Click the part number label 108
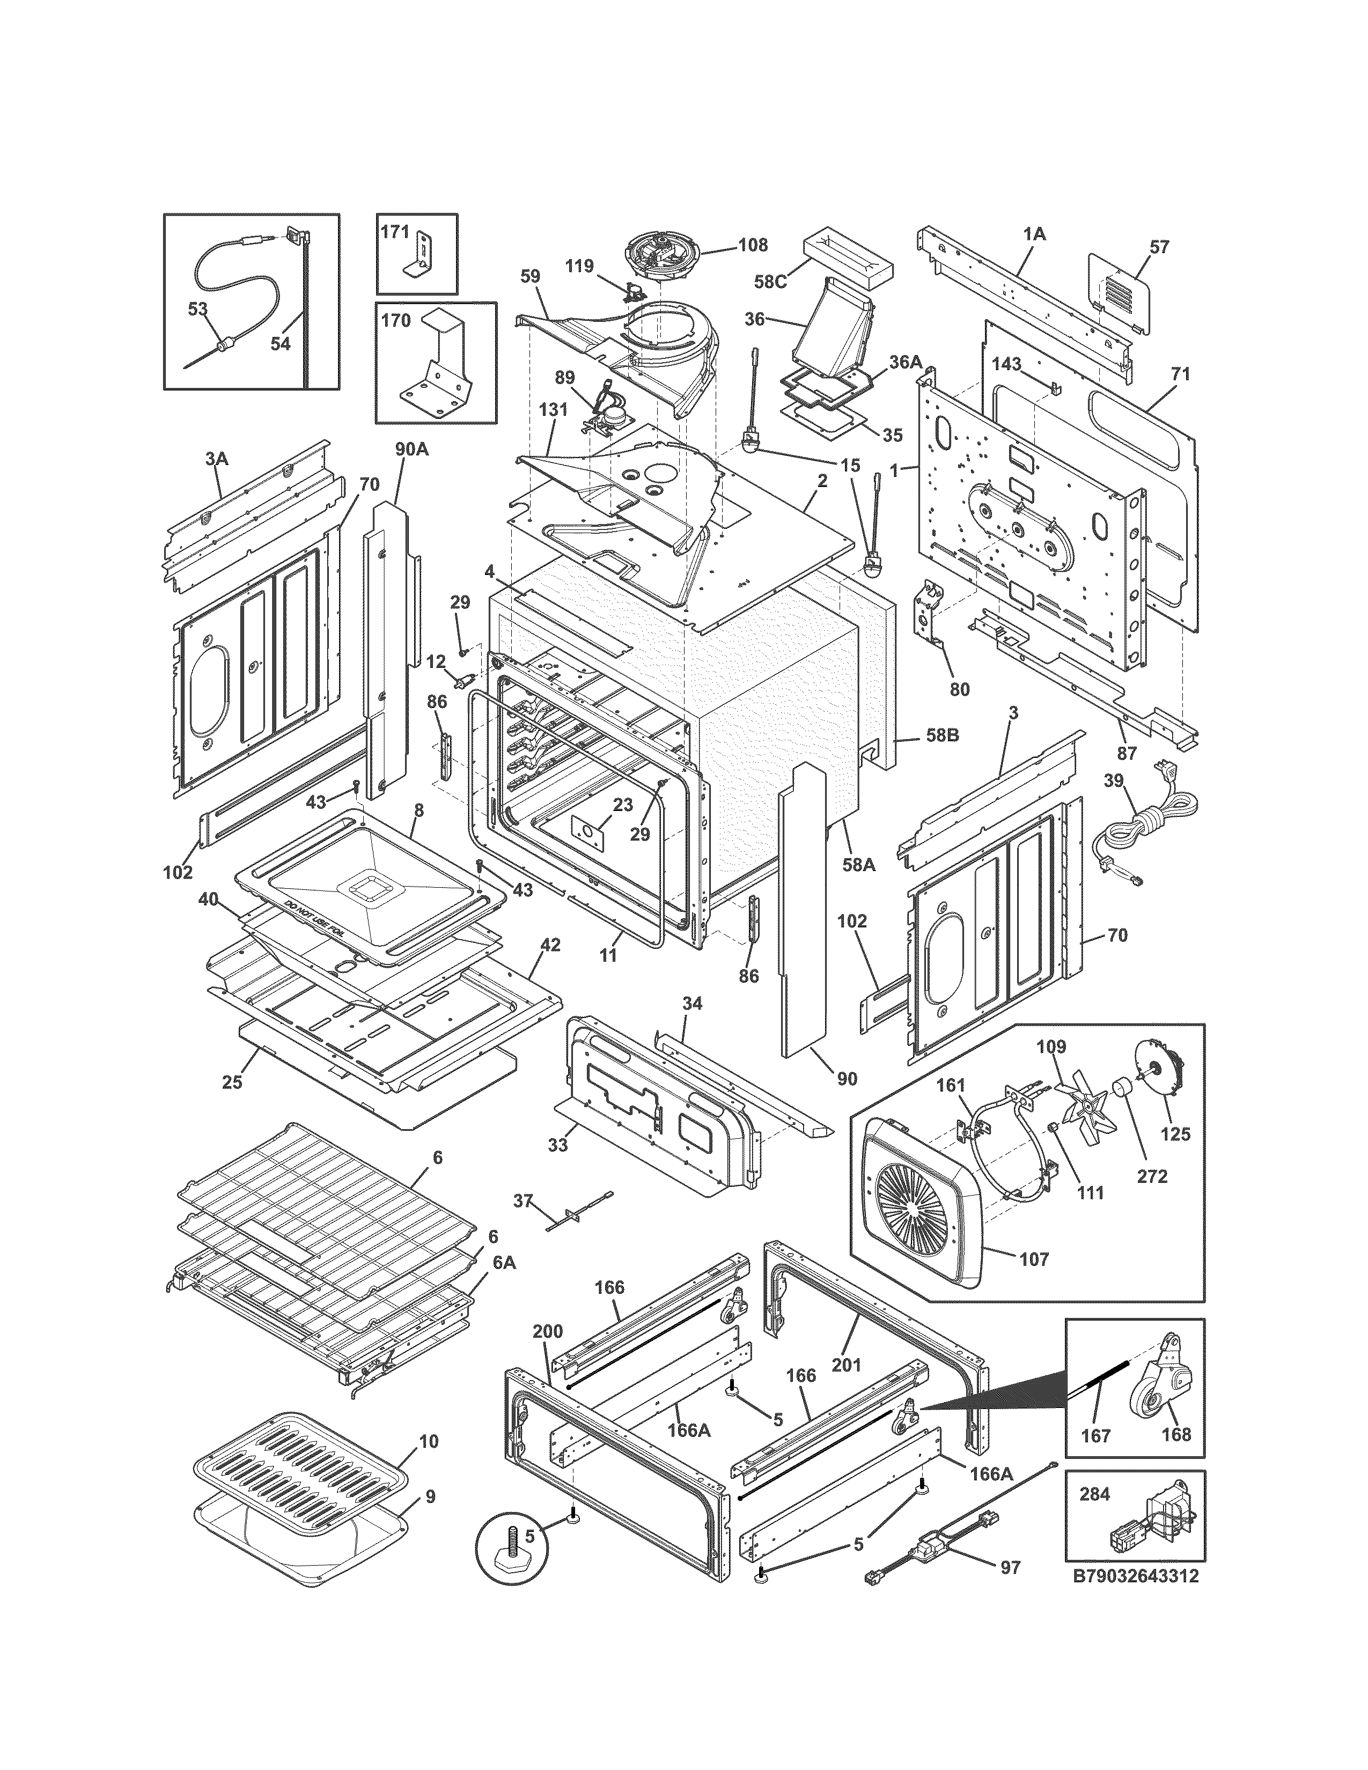[x=753, y=244]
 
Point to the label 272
[x=1152, y=1176]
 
